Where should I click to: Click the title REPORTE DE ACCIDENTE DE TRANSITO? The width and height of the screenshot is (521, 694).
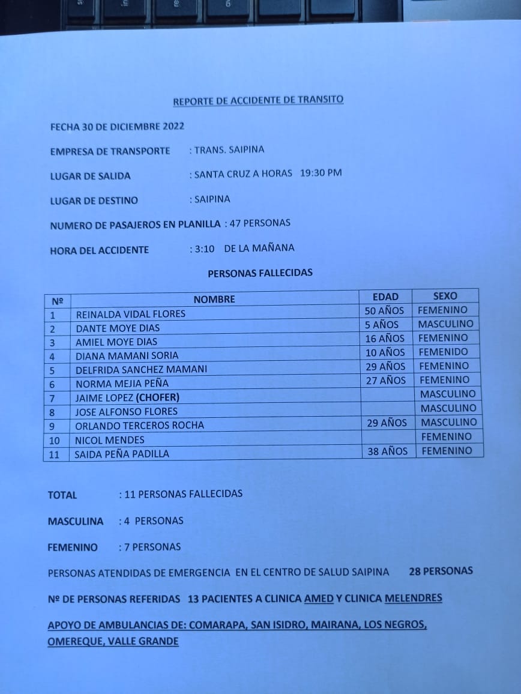(x=258, y=100)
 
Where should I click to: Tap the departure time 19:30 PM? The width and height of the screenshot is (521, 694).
(x=321, y=173)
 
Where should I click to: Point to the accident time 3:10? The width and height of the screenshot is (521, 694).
(x=205, y=249)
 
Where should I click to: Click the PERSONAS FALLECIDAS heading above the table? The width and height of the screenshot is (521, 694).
(x=260, y=273)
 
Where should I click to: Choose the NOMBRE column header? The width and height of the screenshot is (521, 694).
(x=214, y=299)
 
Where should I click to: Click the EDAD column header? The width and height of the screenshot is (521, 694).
(x=385, y=297)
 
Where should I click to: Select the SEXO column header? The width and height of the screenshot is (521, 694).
(x=445, y=295)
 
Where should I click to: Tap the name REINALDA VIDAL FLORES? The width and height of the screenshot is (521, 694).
(x=130, y=313)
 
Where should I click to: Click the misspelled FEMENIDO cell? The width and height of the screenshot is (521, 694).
(x=444, y=352)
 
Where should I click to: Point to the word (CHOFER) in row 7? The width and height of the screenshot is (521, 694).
(x=157, y=397)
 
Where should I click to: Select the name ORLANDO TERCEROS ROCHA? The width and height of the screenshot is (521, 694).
(x=139, y=425)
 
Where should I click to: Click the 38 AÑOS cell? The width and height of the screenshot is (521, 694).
(x=387, y=451)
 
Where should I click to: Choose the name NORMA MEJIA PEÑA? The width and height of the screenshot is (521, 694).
(x=122, y=384)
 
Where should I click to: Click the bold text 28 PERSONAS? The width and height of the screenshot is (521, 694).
(x=441, y=571)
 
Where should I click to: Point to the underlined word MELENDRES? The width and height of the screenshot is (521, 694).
(x=413, y=598)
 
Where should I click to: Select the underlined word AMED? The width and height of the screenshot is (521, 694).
(x=319, y=599)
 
